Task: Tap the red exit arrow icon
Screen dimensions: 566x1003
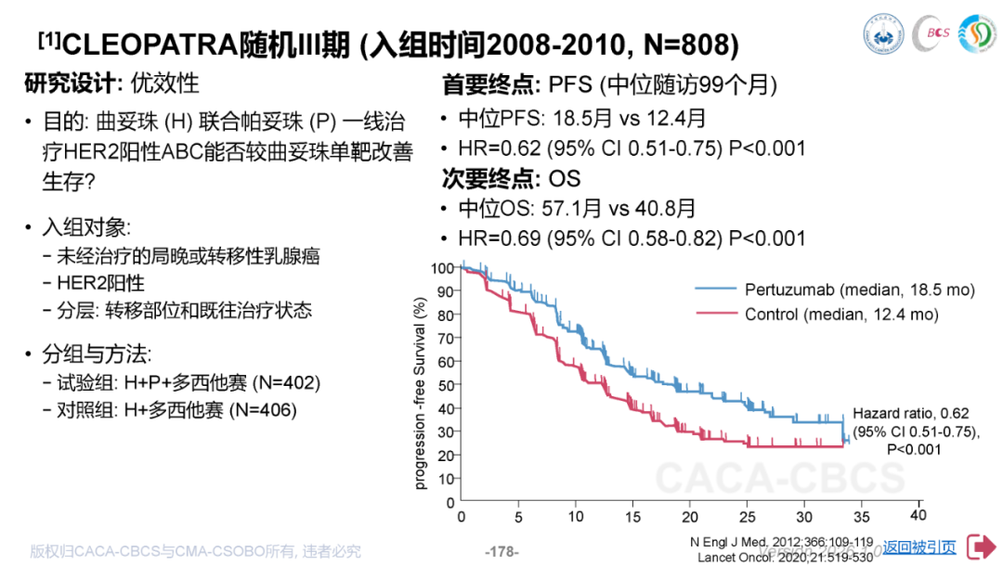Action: coord(980,547)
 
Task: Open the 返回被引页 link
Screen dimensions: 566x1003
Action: coord(919,547)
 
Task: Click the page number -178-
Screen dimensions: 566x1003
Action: coord(501,551)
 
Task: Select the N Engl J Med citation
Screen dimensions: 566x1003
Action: coord(781,542)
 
